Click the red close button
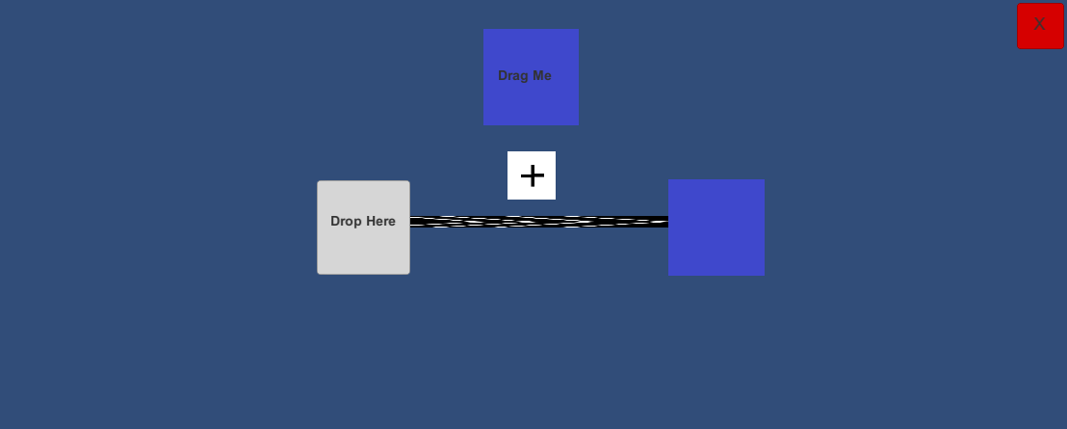(x=1040, y=26)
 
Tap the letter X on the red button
(x=1039, y=24)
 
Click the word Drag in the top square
(x=513, y=75)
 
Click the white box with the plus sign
(x=532, y=175)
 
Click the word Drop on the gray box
(x=346, y=221)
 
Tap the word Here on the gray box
(x=379, y=221)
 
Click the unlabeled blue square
(x=716, y=228)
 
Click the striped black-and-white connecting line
(x=539, y=222)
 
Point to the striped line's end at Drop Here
(x=412, y=222)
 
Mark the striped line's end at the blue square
(x=666, y=222)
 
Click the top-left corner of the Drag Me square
(x=484, y=30)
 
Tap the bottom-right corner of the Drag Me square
(x=578, y=124)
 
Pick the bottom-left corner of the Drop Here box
(x=319, y=273)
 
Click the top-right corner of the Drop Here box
(x=408, y=182)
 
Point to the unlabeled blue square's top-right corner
(x=763, y=180)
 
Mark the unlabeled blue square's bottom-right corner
(x=763, y=274)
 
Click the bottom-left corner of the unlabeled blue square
(x=669, y=274)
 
